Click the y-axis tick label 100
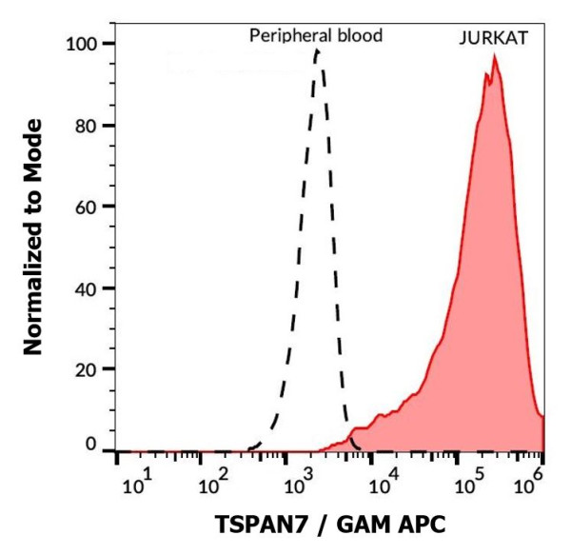pos(84,44)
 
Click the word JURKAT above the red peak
pos(493,40)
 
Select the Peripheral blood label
pos(316,36)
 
